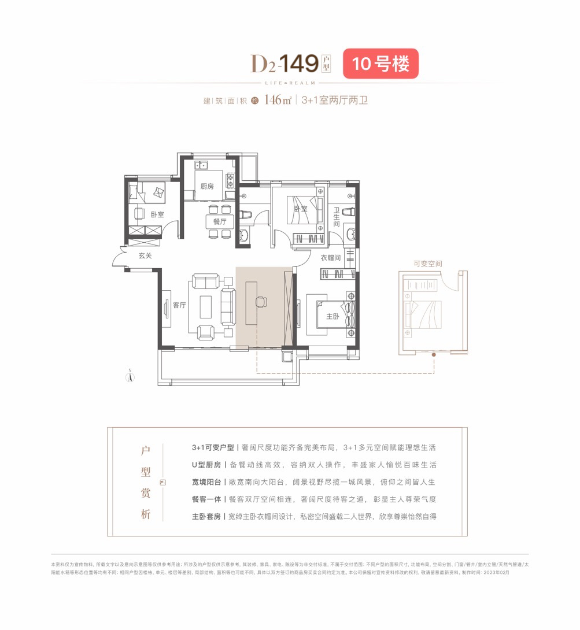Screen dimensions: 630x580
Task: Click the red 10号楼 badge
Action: [x=380, y=64]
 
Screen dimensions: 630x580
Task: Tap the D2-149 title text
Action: [x=285, y=64]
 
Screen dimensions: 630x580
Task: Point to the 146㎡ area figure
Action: [x=277, y=100]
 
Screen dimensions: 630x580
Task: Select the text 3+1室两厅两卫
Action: [x=334, y=100]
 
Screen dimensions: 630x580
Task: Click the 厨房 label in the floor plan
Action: [x=207, y=186]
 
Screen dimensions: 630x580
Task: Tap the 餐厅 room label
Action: [x=212, y=221]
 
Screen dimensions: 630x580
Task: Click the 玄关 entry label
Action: [x=145, y=255]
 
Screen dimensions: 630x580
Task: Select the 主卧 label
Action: [x=333, y=317]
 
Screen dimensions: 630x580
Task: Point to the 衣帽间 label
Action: [x=331, y=258]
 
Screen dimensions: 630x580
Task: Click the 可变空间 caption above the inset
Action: [x=427, y=264]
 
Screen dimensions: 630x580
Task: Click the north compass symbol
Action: [x=131, y=376]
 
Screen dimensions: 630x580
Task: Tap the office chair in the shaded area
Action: [x=261, y=301]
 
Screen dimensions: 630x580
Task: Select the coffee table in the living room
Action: [x=206, y=307]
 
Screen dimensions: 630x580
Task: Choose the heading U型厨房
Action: [x=206, y=465]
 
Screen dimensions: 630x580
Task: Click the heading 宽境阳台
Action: [x=206, y=481]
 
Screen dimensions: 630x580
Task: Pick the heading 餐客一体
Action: [x=206, y=499]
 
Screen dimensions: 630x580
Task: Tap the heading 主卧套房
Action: [x=206, y=516]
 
